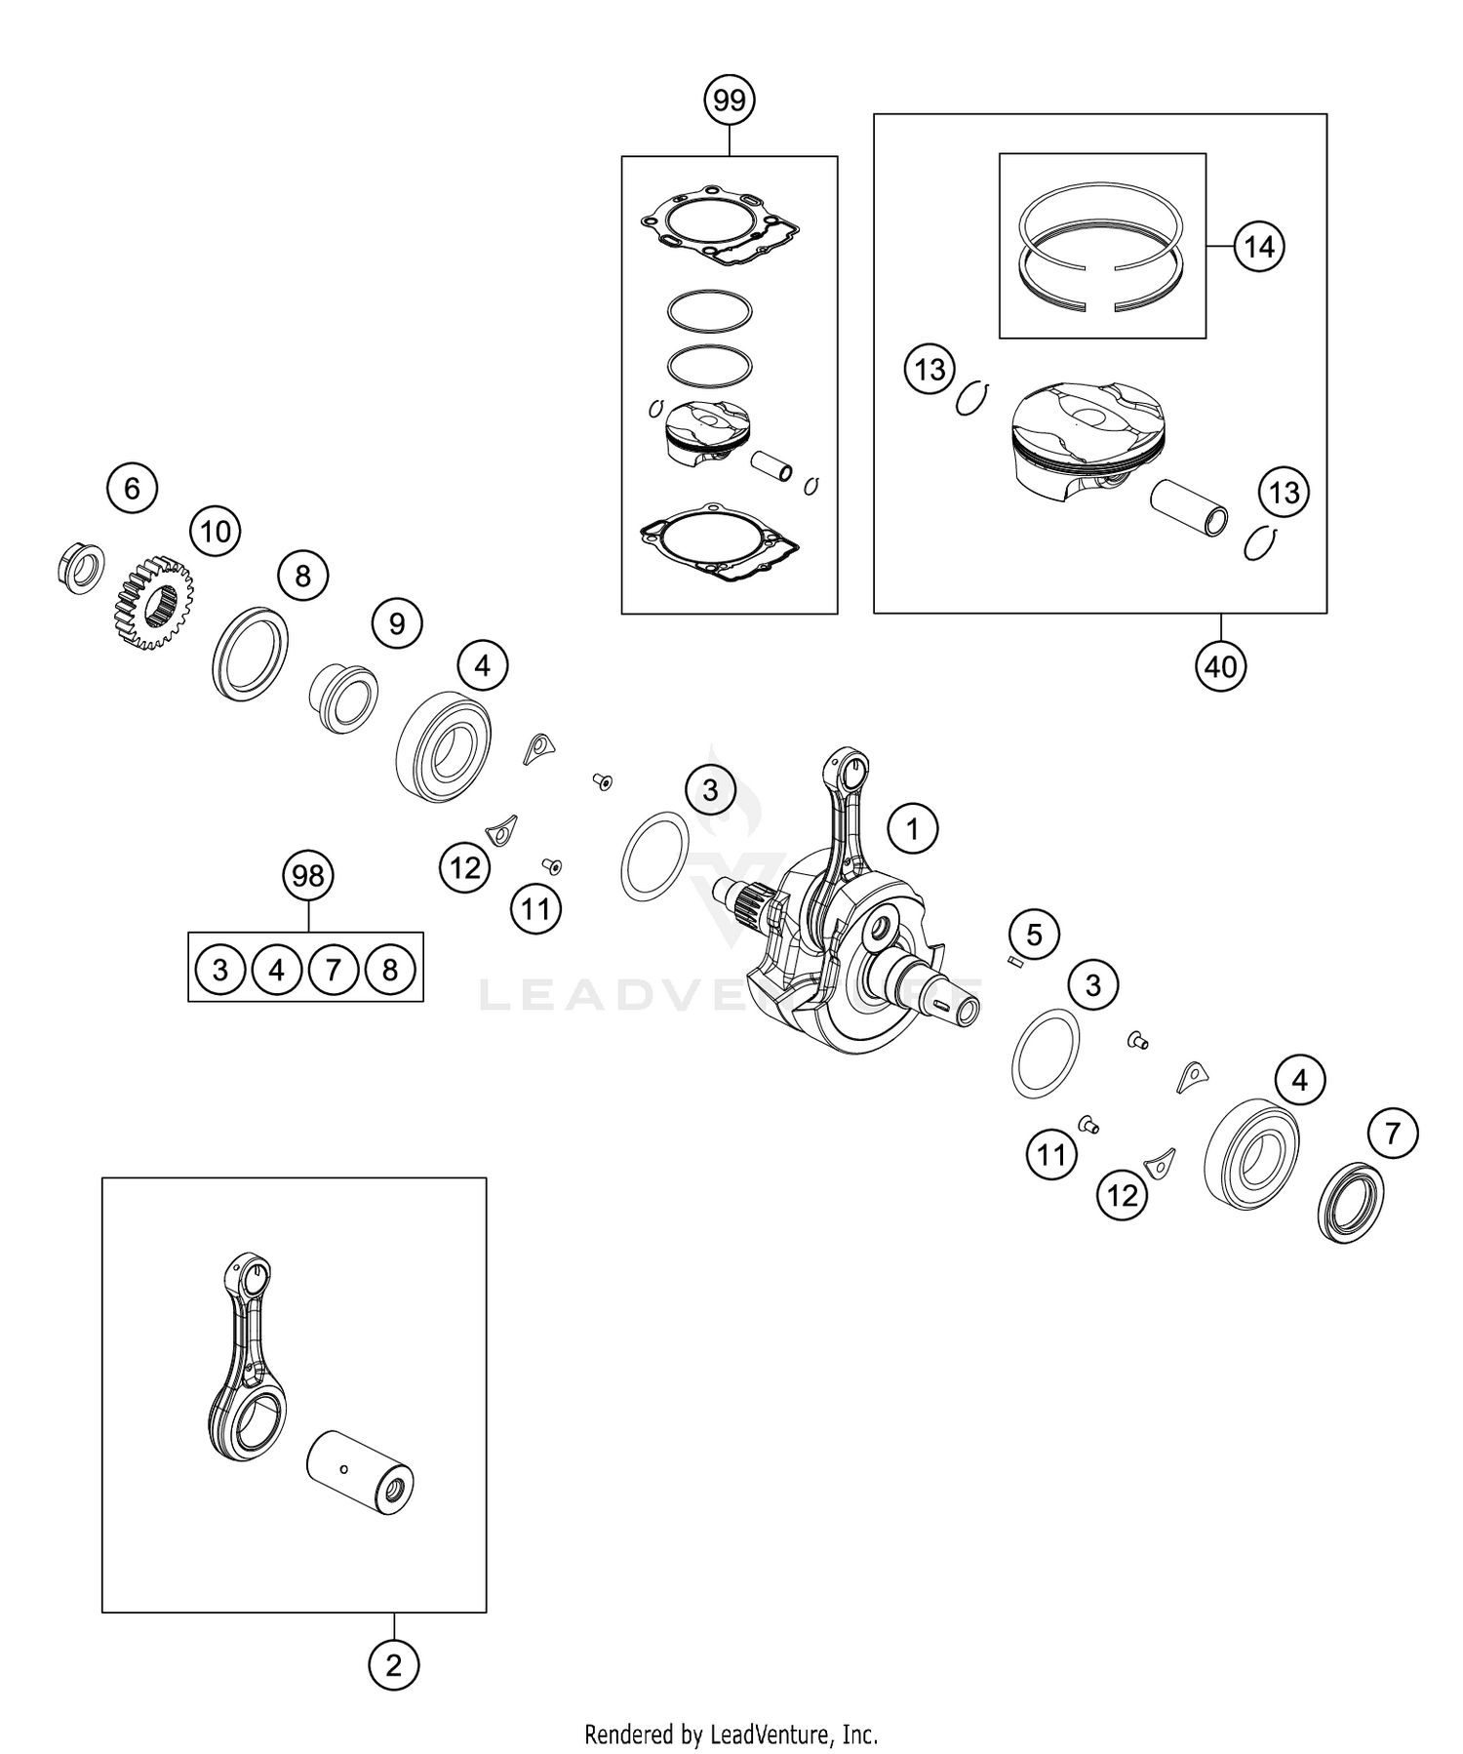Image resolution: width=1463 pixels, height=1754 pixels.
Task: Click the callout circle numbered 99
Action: (x=730, y=100)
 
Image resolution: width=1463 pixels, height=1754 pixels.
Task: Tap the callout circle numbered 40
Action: (x=1220, y=666)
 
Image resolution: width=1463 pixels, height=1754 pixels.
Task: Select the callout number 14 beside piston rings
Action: (x=1259, y=247)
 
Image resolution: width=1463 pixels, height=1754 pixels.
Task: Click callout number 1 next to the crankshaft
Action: (x=912, y=830)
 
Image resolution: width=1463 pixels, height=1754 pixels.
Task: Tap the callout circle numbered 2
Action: (x=393, y=1665)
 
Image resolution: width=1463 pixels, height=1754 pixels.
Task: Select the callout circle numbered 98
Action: (x=307, y=876)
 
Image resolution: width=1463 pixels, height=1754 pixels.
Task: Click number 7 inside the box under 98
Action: (x=333, y=970)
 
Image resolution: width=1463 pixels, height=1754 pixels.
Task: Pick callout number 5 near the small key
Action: (x=1034, y=935)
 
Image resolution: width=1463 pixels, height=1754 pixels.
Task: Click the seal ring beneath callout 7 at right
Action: (x=1351, y=1202)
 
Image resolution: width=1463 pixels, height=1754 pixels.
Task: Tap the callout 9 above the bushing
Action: (x=397, y=622)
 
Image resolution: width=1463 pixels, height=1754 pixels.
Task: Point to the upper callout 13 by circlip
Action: (x=929, y=369)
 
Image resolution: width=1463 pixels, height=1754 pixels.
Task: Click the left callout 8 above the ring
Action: (x=302, y=576)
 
